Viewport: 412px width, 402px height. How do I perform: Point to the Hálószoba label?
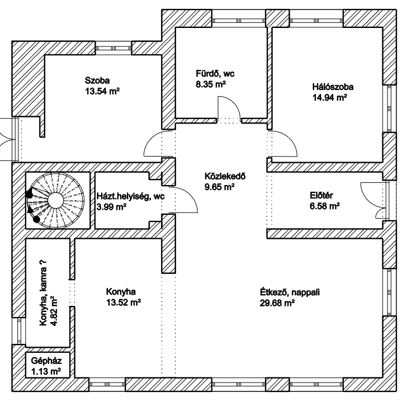pyautogui.click(x=333, y=87)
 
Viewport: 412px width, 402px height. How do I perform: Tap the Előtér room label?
pyautogui.click(x=321, y=196)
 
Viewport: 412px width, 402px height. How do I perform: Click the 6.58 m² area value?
pyautogui.click(x=325, y=206)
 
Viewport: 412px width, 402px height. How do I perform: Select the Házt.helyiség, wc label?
pyautogui.click(x=130, y=196)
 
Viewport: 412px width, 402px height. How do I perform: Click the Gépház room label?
pyautogui.click(x=45, y=362)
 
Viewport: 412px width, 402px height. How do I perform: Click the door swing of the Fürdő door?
pyautogui.click(x=229, y=107)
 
